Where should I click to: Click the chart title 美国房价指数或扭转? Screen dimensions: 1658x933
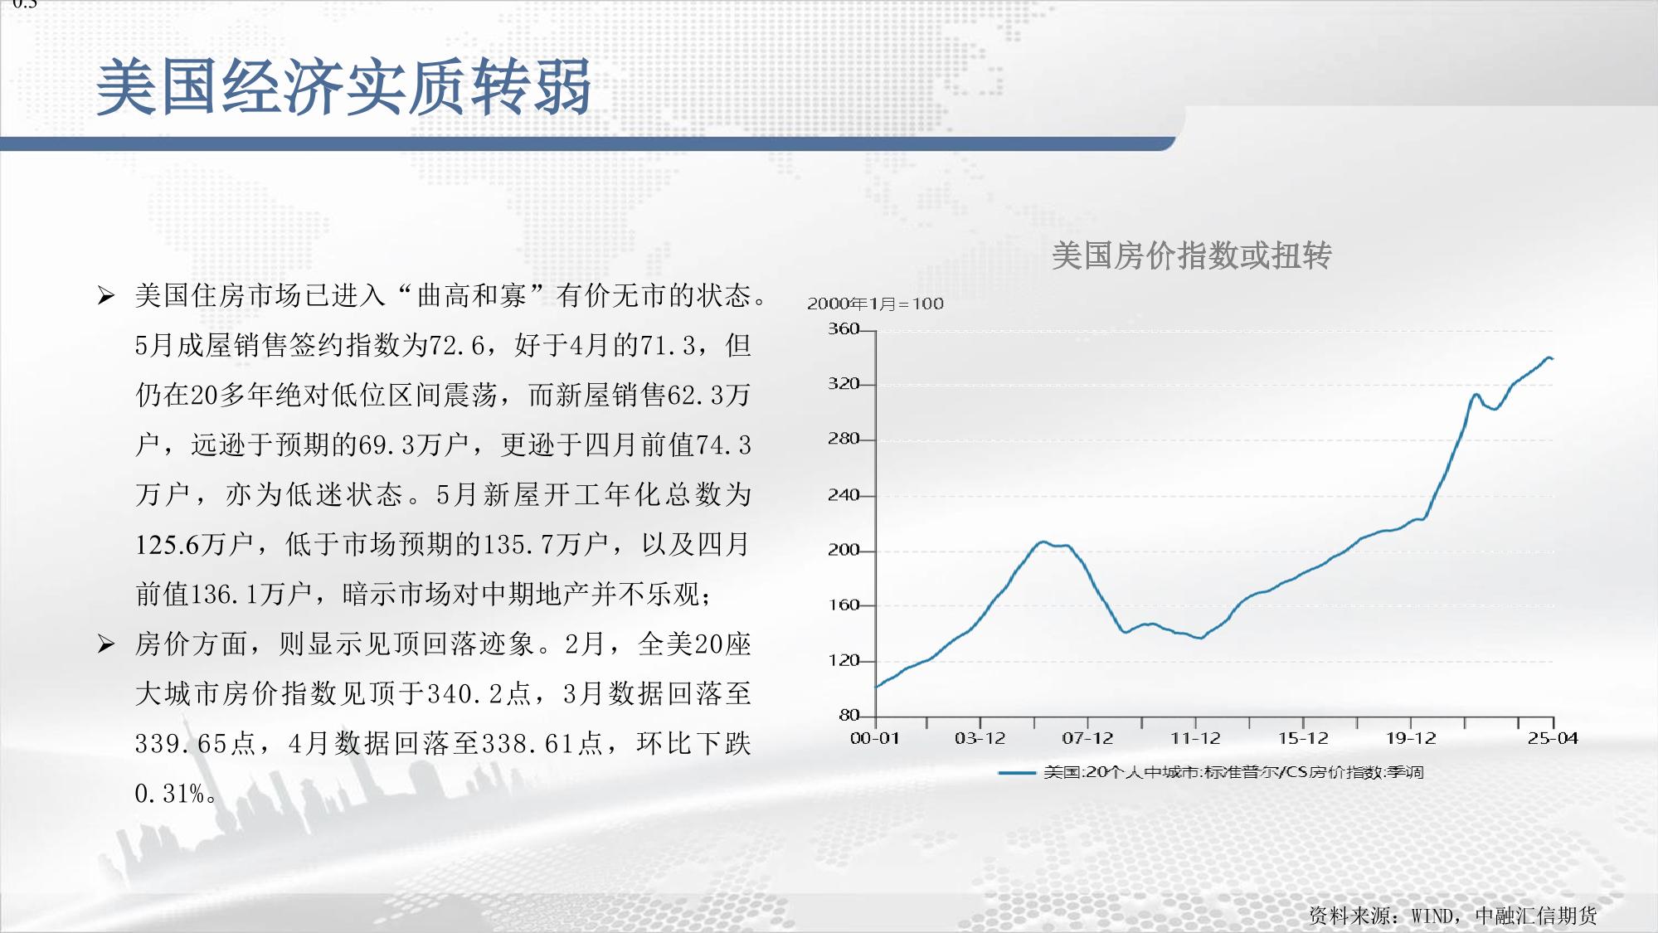tap(1191, 255)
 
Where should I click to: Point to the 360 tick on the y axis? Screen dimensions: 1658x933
tap(844, 329)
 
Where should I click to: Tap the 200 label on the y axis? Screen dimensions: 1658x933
tap(844, 551)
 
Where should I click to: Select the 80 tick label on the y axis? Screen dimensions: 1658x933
tap(849, 715)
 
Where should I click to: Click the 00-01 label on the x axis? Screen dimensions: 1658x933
tap(875, 738)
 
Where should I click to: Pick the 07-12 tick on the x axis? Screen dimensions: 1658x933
tap(1087, 738)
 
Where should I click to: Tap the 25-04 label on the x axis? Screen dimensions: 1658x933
tap(1553, 738)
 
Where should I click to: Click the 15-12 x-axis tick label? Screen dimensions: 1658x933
tap(1303, 738)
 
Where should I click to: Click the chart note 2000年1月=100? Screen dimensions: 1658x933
tap(876, 304)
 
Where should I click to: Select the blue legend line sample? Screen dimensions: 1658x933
tap(1017, 773)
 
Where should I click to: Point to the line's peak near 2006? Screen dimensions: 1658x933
tap(1043, 542)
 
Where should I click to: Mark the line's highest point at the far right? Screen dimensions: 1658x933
tap(1548, 357)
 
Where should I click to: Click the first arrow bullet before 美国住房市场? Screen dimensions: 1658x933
tap(105, 295)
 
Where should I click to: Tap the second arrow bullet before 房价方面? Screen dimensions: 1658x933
tap(105, 644)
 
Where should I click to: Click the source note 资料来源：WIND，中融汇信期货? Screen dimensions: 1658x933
tap(1453, 916)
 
